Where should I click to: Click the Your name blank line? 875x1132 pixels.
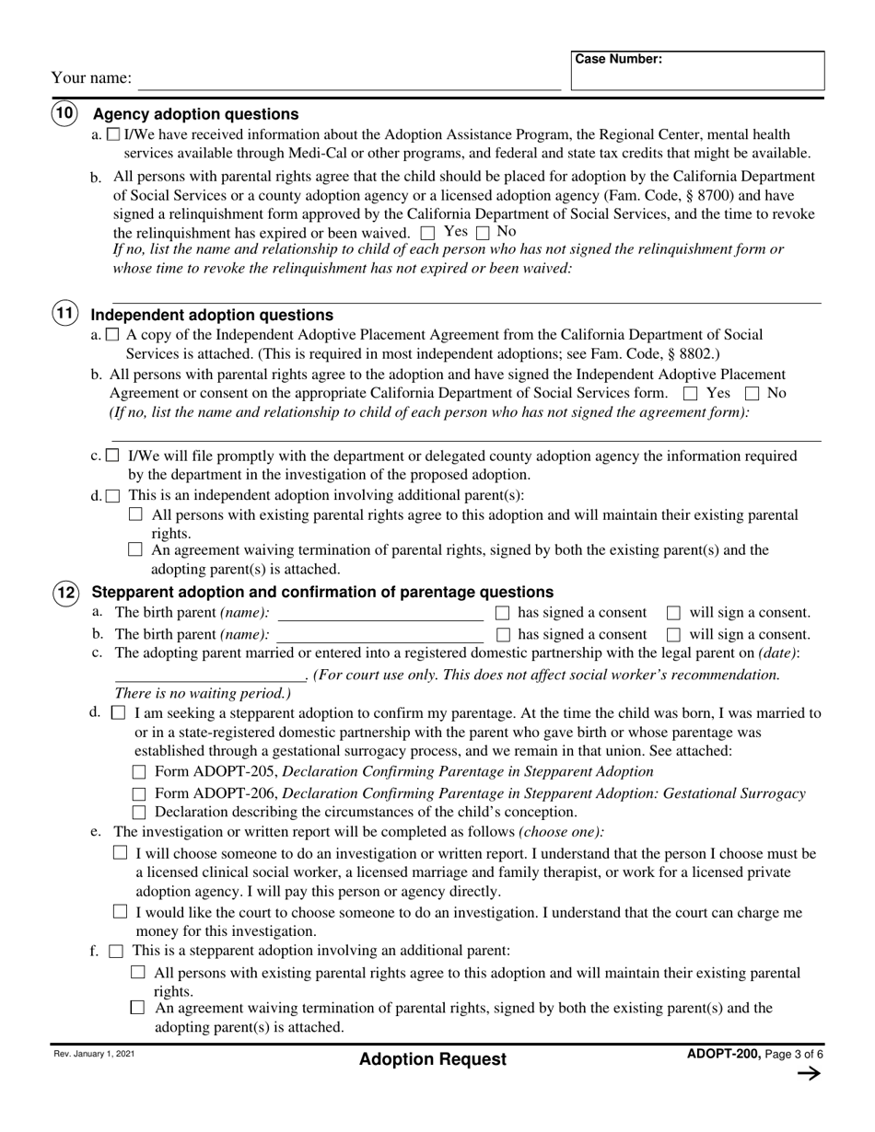point(348,80)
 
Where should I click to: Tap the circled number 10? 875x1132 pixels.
point(64,114)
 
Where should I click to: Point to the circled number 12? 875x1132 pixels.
point(64,592)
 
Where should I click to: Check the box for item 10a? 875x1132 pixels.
point(113,134)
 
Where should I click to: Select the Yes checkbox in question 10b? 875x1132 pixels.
point(427,234)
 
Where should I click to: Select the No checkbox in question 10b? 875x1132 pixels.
point(483,234)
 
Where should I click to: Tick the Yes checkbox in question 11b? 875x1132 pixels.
point(691,394)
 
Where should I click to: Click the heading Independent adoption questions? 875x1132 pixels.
point(212,315)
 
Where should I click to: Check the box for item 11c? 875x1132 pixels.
point(112,456)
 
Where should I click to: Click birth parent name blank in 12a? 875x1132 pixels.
point(379,614)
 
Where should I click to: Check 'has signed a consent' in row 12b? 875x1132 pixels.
point(503,634)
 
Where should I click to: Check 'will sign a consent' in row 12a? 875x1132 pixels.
point(673,613)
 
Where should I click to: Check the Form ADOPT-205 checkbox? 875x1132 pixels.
point(140,772)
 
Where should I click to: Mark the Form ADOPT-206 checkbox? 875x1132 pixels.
point(140,794)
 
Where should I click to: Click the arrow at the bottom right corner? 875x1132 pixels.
point(807,1073)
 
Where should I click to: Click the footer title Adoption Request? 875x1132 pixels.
point(433,1059)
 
